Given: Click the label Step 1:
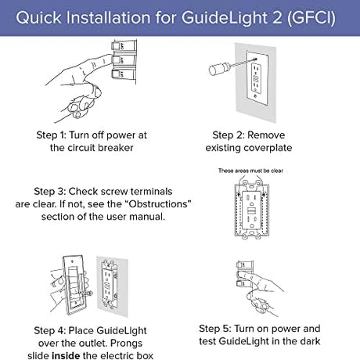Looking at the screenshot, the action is tap(51, 135).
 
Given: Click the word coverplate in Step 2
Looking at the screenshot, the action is tap(268, 148).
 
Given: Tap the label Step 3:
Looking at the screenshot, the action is tap(49, 192).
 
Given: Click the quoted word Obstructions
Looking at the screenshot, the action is tap(157, 204).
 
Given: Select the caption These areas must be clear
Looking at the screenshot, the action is tap(250, 171).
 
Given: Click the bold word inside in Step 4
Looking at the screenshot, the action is tap(66, 355).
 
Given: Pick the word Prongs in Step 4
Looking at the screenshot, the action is tap(126, 343).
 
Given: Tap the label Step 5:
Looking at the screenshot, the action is tap(215, 329).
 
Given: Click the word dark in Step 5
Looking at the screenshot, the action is tap(310, 341).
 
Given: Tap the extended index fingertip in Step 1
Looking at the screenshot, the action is tap(109, 58).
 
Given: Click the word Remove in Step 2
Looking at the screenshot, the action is tap(266, 135).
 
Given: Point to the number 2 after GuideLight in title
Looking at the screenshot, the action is tap(278, 18).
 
